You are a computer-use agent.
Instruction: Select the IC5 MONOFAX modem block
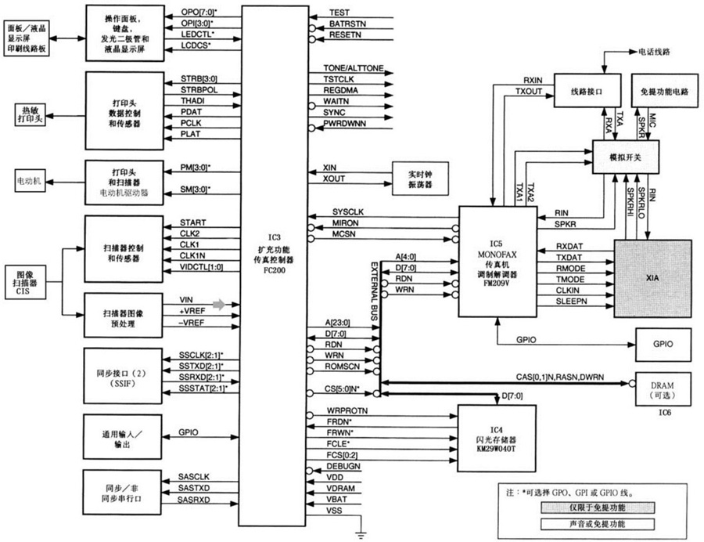(x=497, y=261)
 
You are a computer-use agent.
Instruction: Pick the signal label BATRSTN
(x=347, y=24)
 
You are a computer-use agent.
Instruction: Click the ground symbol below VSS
(x=360, y=534)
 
